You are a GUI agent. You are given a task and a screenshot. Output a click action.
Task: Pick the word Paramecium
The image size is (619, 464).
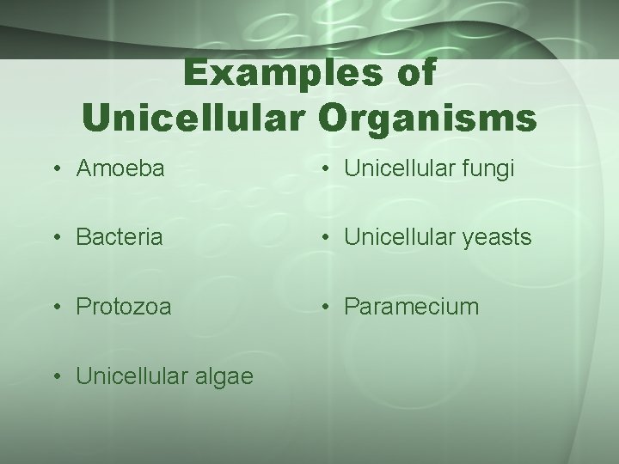coord(412,305)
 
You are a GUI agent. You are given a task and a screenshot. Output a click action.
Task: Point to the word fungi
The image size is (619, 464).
coord(491,169)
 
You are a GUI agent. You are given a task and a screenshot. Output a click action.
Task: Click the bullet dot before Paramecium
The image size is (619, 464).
coord(326,306)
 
